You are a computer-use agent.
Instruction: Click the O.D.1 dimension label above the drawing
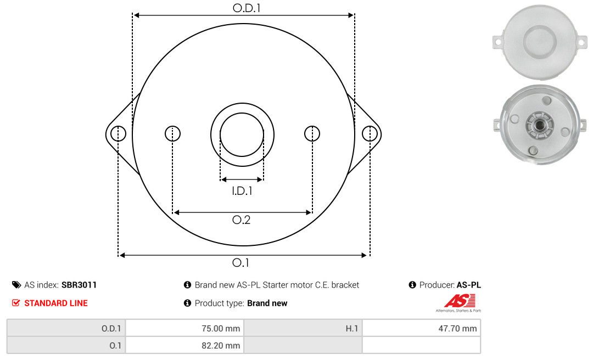(247, 8)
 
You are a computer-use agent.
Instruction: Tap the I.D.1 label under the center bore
(242, 191)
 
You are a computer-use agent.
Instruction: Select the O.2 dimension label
(241, 220)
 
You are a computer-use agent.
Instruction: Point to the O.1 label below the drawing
(240, 262)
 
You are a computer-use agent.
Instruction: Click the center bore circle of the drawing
(242, 113)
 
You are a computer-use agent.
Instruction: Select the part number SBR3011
(79, 285)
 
